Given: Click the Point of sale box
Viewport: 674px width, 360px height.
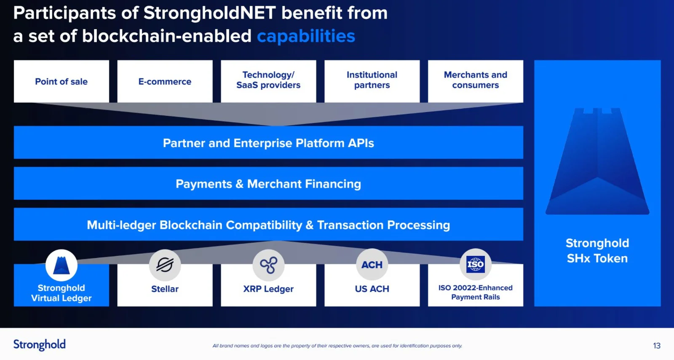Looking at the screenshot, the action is coord(62,81).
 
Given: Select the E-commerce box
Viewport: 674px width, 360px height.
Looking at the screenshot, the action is coord(165,81).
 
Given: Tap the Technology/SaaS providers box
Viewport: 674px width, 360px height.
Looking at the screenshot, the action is coord(268,81).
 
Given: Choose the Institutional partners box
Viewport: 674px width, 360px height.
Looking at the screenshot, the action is coord(372,81).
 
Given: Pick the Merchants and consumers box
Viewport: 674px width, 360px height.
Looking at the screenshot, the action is coord(476,81).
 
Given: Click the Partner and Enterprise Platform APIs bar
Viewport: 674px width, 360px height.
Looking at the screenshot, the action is coord(268,142).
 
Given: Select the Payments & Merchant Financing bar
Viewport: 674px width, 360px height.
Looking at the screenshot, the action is coord(268,183).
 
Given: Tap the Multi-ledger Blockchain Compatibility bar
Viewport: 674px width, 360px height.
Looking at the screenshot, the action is coord(268,224).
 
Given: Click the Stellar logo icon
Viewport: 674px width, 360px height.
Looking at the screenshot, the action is coord(165,265).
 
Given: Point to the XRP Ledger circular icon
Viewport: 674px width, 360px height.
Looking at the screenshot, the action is coord(268,265).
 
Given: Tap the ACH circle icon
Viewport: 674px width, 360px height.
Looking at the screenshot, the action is coord(372,265).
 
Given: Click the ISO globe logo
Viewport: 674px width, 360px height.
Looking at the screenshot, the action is coord(476,264).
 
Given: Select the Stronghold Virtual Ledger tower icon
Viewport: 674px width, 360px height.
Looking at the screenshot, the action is coord(62,265).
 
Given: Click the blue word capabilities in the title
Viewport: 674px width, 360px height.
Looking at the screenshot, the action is coord(306,36).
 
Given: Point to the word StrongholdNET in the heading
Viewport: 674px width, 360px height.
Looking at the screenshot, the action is coord(209,13).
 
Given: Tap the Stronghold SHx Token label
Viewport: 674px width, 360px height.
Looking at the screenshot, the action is coord(597,250).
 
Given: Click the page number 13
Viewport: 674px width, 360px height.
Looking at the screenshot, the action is coord(657,346).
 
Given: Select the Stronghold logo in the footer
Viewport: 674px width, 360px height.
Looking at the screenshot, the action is coord(40,345).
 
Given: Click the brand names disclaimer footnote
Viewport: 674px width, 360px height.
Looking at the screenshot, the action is coord(337,346).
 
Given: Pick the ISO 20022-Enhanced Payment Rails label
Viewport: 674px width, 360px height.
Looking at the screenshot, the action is coord(476,292).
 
